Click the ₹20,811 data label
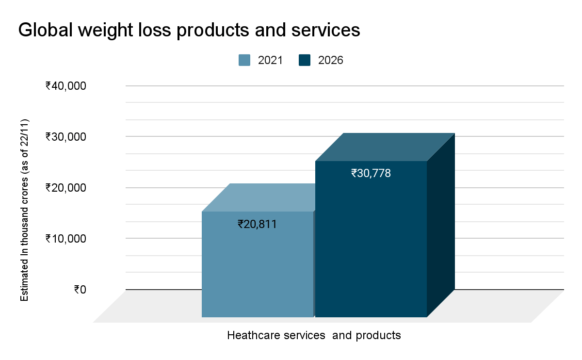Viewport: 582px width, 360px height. pos(257,224)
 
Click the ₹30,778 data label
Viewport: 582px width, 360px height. pos(371,173)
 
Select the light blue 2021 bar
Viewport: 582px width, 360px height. pos(257,272)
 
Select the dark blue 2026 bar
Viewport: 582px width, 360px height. pos(371,252)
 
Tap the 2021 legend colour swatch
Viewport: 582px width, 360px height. pos(244,60)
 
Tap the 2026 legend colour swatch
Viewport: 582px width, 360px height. pos(305,60)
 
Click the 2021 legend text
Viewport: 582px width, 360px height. pos(270,60)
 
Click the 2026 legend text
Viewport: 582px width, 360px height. pos(330,60)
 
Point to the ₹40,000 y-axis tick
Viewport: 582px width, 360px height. pos(66,86)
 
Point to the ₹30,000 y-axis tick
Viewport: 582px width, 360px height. pos(66,137)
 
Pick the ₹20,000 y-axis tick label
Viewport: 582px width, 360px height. pos(66,188)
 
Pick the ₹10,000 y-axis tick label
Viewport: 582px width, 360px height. pos(66,239)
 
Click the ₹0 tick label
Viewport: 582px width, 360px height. pos(80,290)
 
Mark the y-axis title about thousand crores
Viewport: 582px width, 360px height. pos(24,210)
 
